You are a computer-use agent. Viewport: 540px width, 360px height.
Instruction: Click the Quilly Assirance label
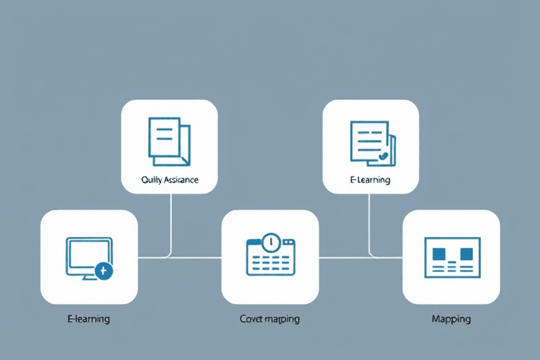pyautogui.click(x=169, y=180)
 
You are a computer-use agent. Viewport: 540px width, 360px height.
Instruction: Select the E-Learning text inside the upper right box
pyautogui.click(x=370, y=180)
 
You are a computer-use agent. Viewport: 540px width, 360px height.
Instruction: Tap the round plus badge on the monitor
pyautogui.click(x=104, y=271)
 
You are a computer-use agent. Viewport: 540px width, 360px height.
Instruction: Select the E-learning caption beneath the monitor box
pyautogui.click(x=89, y=319)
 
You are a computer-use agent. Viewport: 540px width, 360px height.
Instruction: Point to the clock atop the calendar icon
pyautogui.click(x=270, y=242)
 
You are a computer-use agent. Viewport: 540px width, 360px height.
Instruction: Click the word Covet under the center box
pyautogui.click(x=251, y=319)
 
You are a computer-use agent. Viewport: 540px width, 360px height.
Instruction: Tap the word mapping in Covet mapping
pyautogui.click(x=281, y=320)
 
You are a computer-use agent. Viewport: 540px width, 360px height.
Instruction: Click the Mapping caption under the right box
pyautogui.click(x=451, y=319)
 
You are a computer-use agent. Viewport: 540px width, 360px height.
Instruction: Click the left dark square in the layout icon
pyautogui.click(x=441, y=252)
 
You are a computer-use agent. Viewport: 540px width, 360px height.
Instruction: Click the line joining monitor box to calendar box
pyautogui.click(x=179, y=257)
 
